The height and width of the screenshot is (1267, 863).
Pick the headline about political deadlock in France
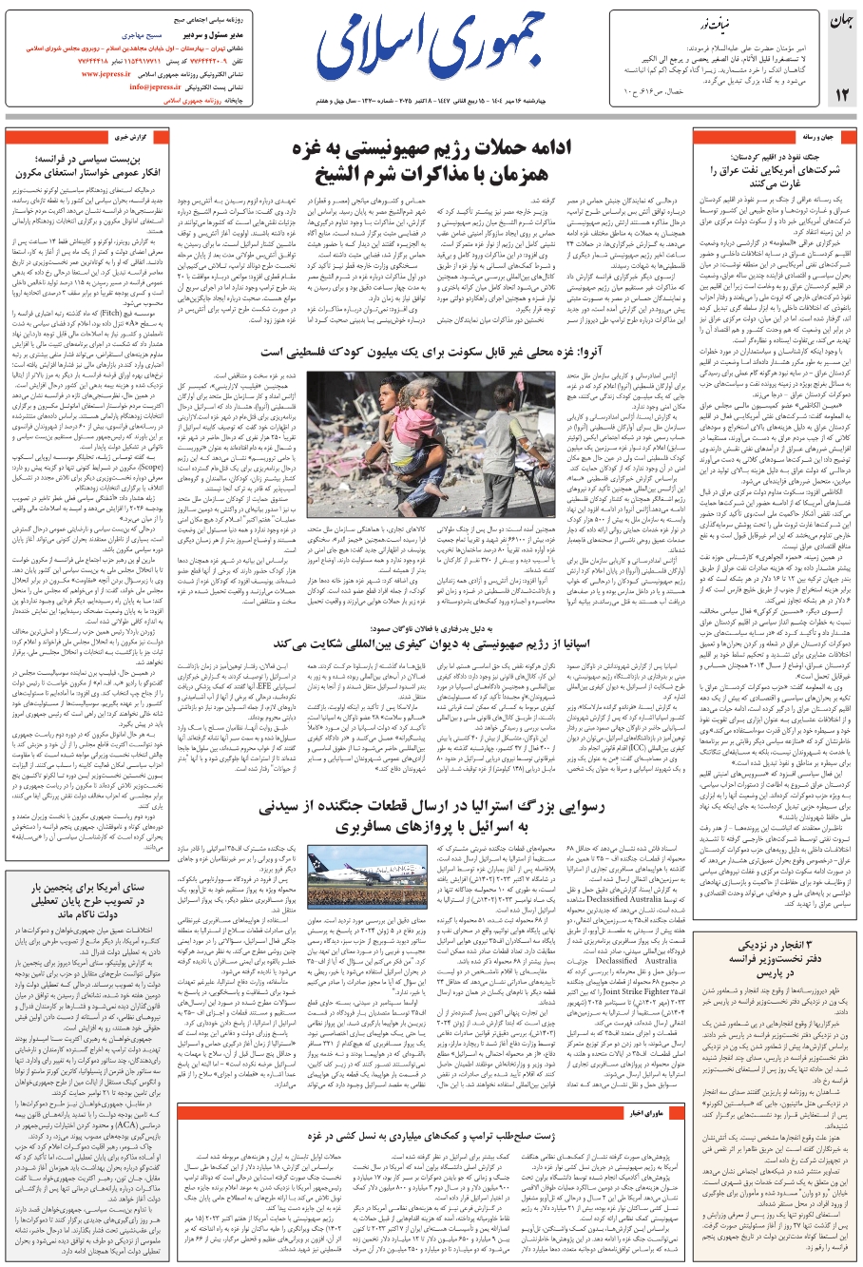point(95,167)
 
